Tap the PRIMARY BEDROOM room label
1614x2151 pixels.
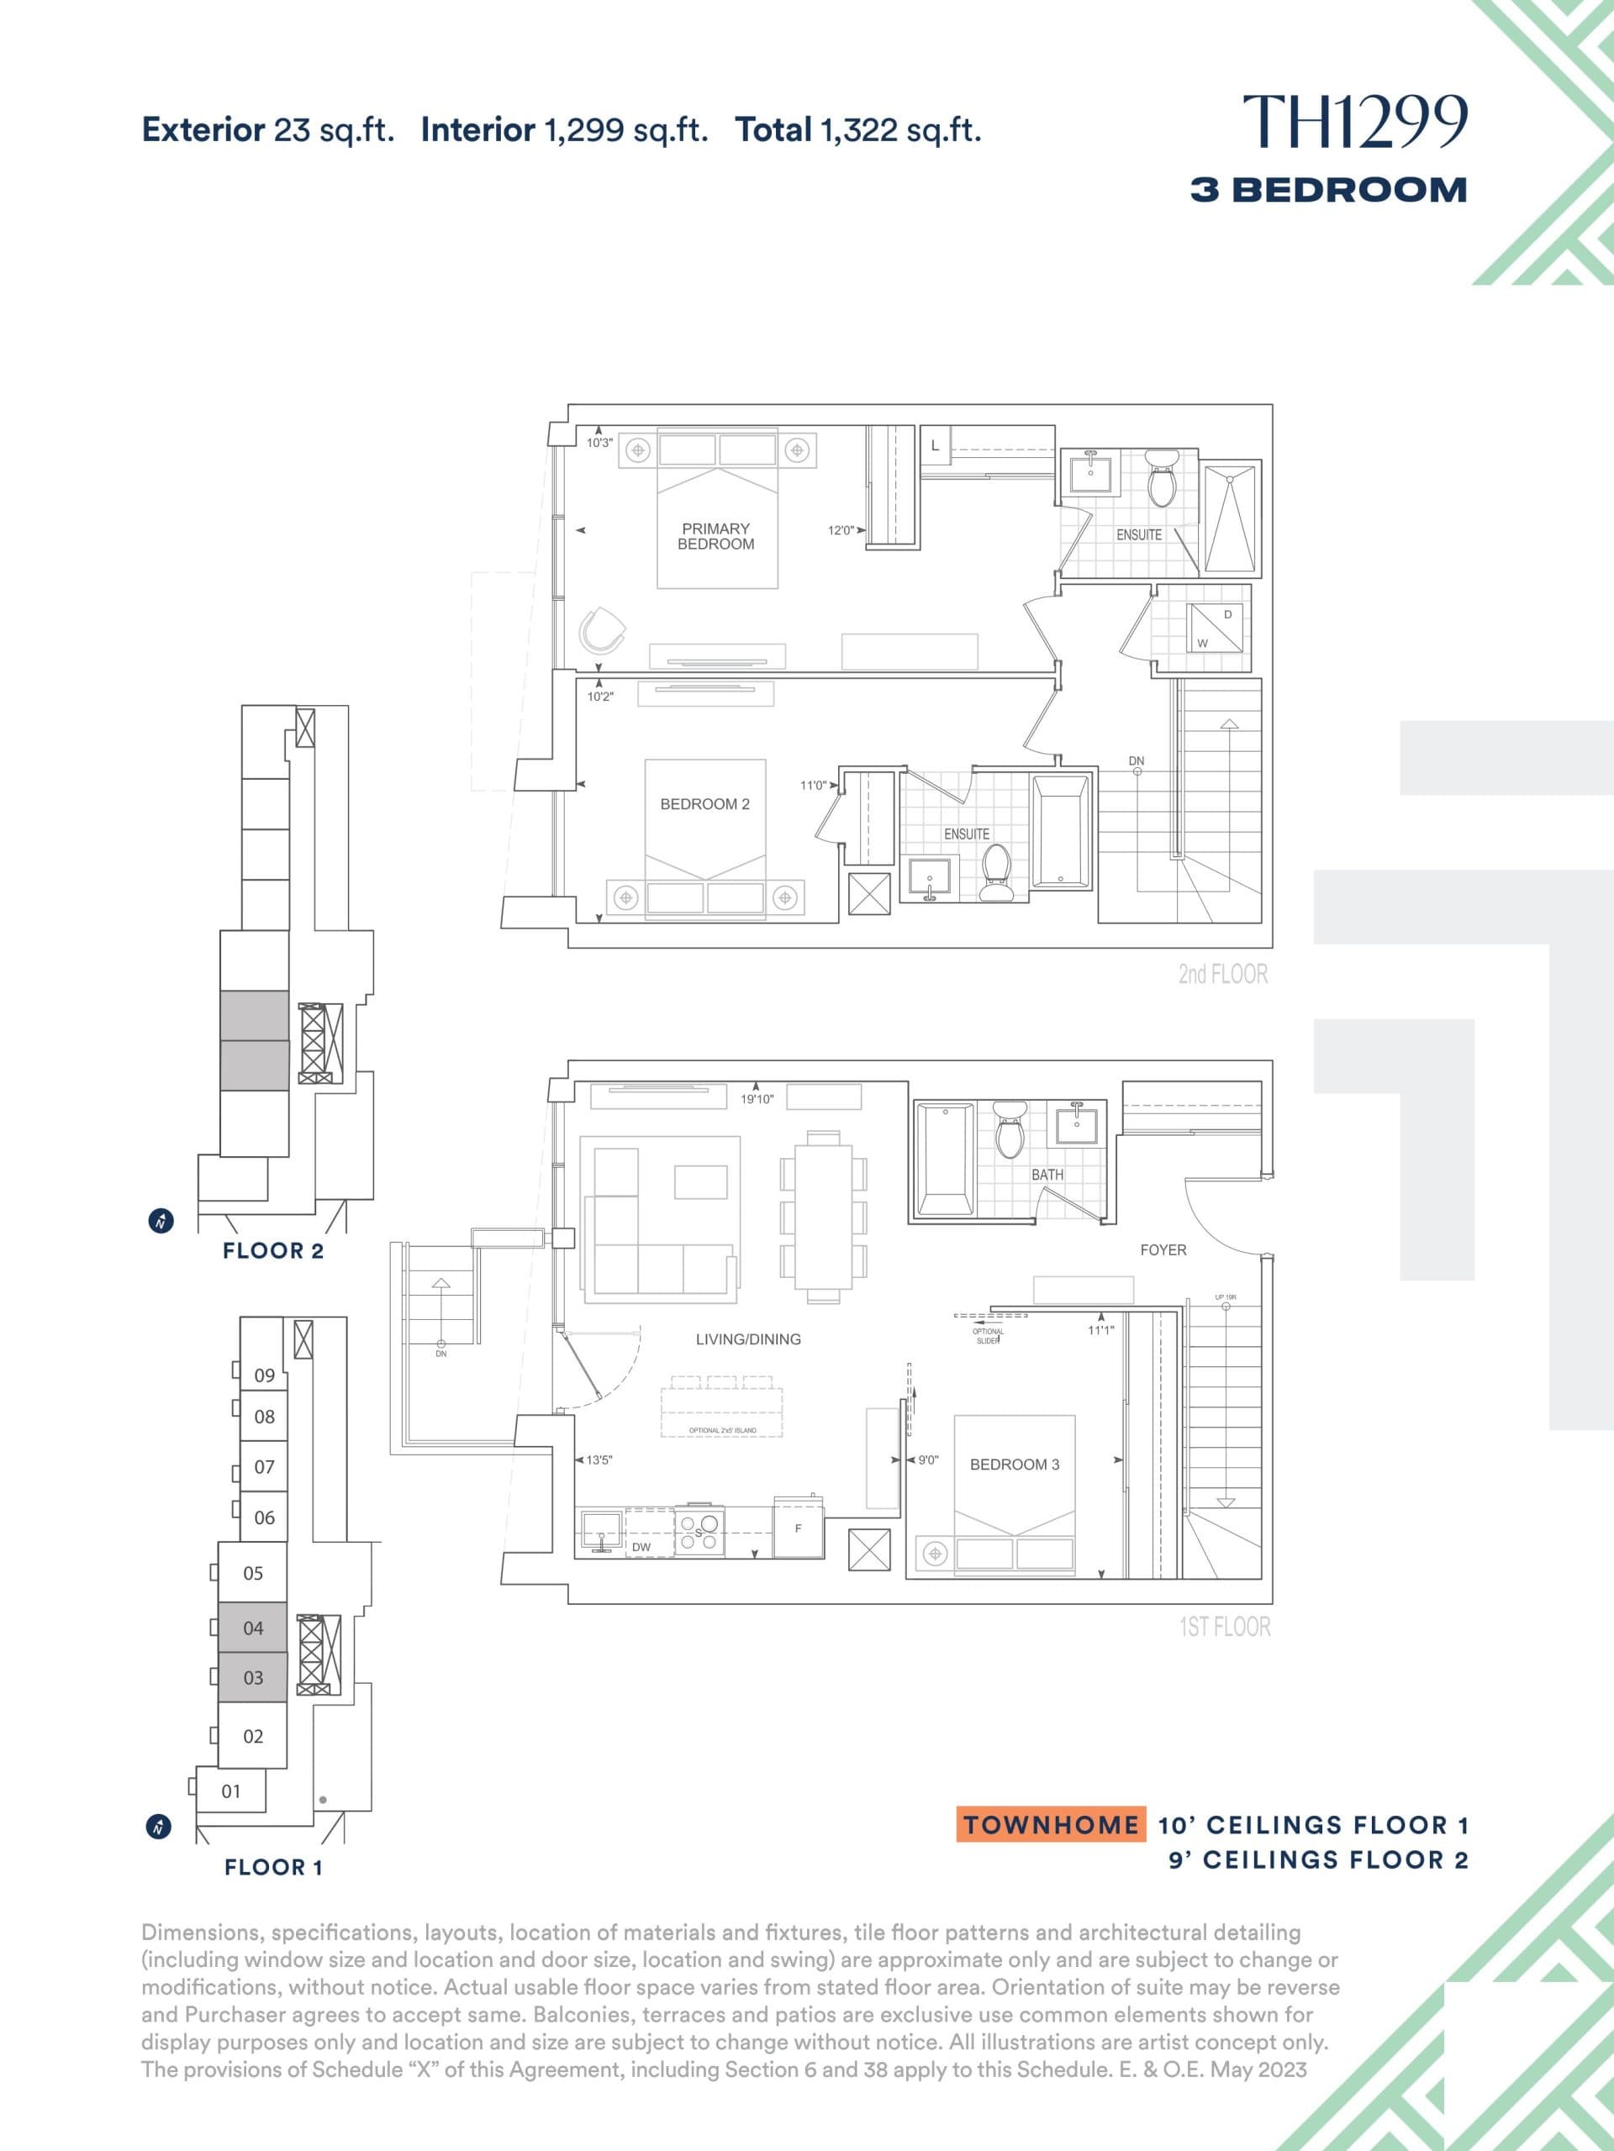coord(715,536)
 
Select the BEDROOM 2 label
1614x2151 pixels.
coord(704,804)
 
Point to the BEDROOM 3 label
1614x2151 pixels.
coord(1014,1465)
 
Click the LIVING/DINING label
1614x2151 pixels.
coord(748,1339)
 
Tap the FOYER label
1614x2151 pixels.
coord(1163,1249)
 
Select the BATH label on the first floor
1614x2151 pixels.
coord(1047,1175)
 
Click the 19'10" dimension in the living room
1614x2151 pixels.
coord(757,1099)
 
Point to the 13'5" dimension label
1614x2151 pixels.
coord(599,1460)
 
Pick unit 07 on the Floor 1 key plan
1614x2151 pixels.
coord(264,1466)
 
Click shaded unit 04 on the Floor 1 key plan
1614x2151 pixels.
coord(253,1628)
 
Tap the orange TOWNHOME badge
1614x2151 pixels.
coord(1051,1825)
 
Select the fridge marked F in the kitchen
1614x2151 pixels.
coord(799,1529)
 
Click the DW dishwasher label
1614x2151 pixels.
coord(641,1547)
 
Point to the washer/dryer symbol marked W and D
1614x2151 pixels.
coord(1215,628)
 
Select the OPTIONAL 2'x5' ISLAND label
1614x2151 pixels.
coord(722,1430)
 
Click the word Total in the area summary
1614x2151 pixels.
coord(773,129)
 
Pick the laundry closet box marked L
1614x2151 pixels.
coord(935,445)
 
